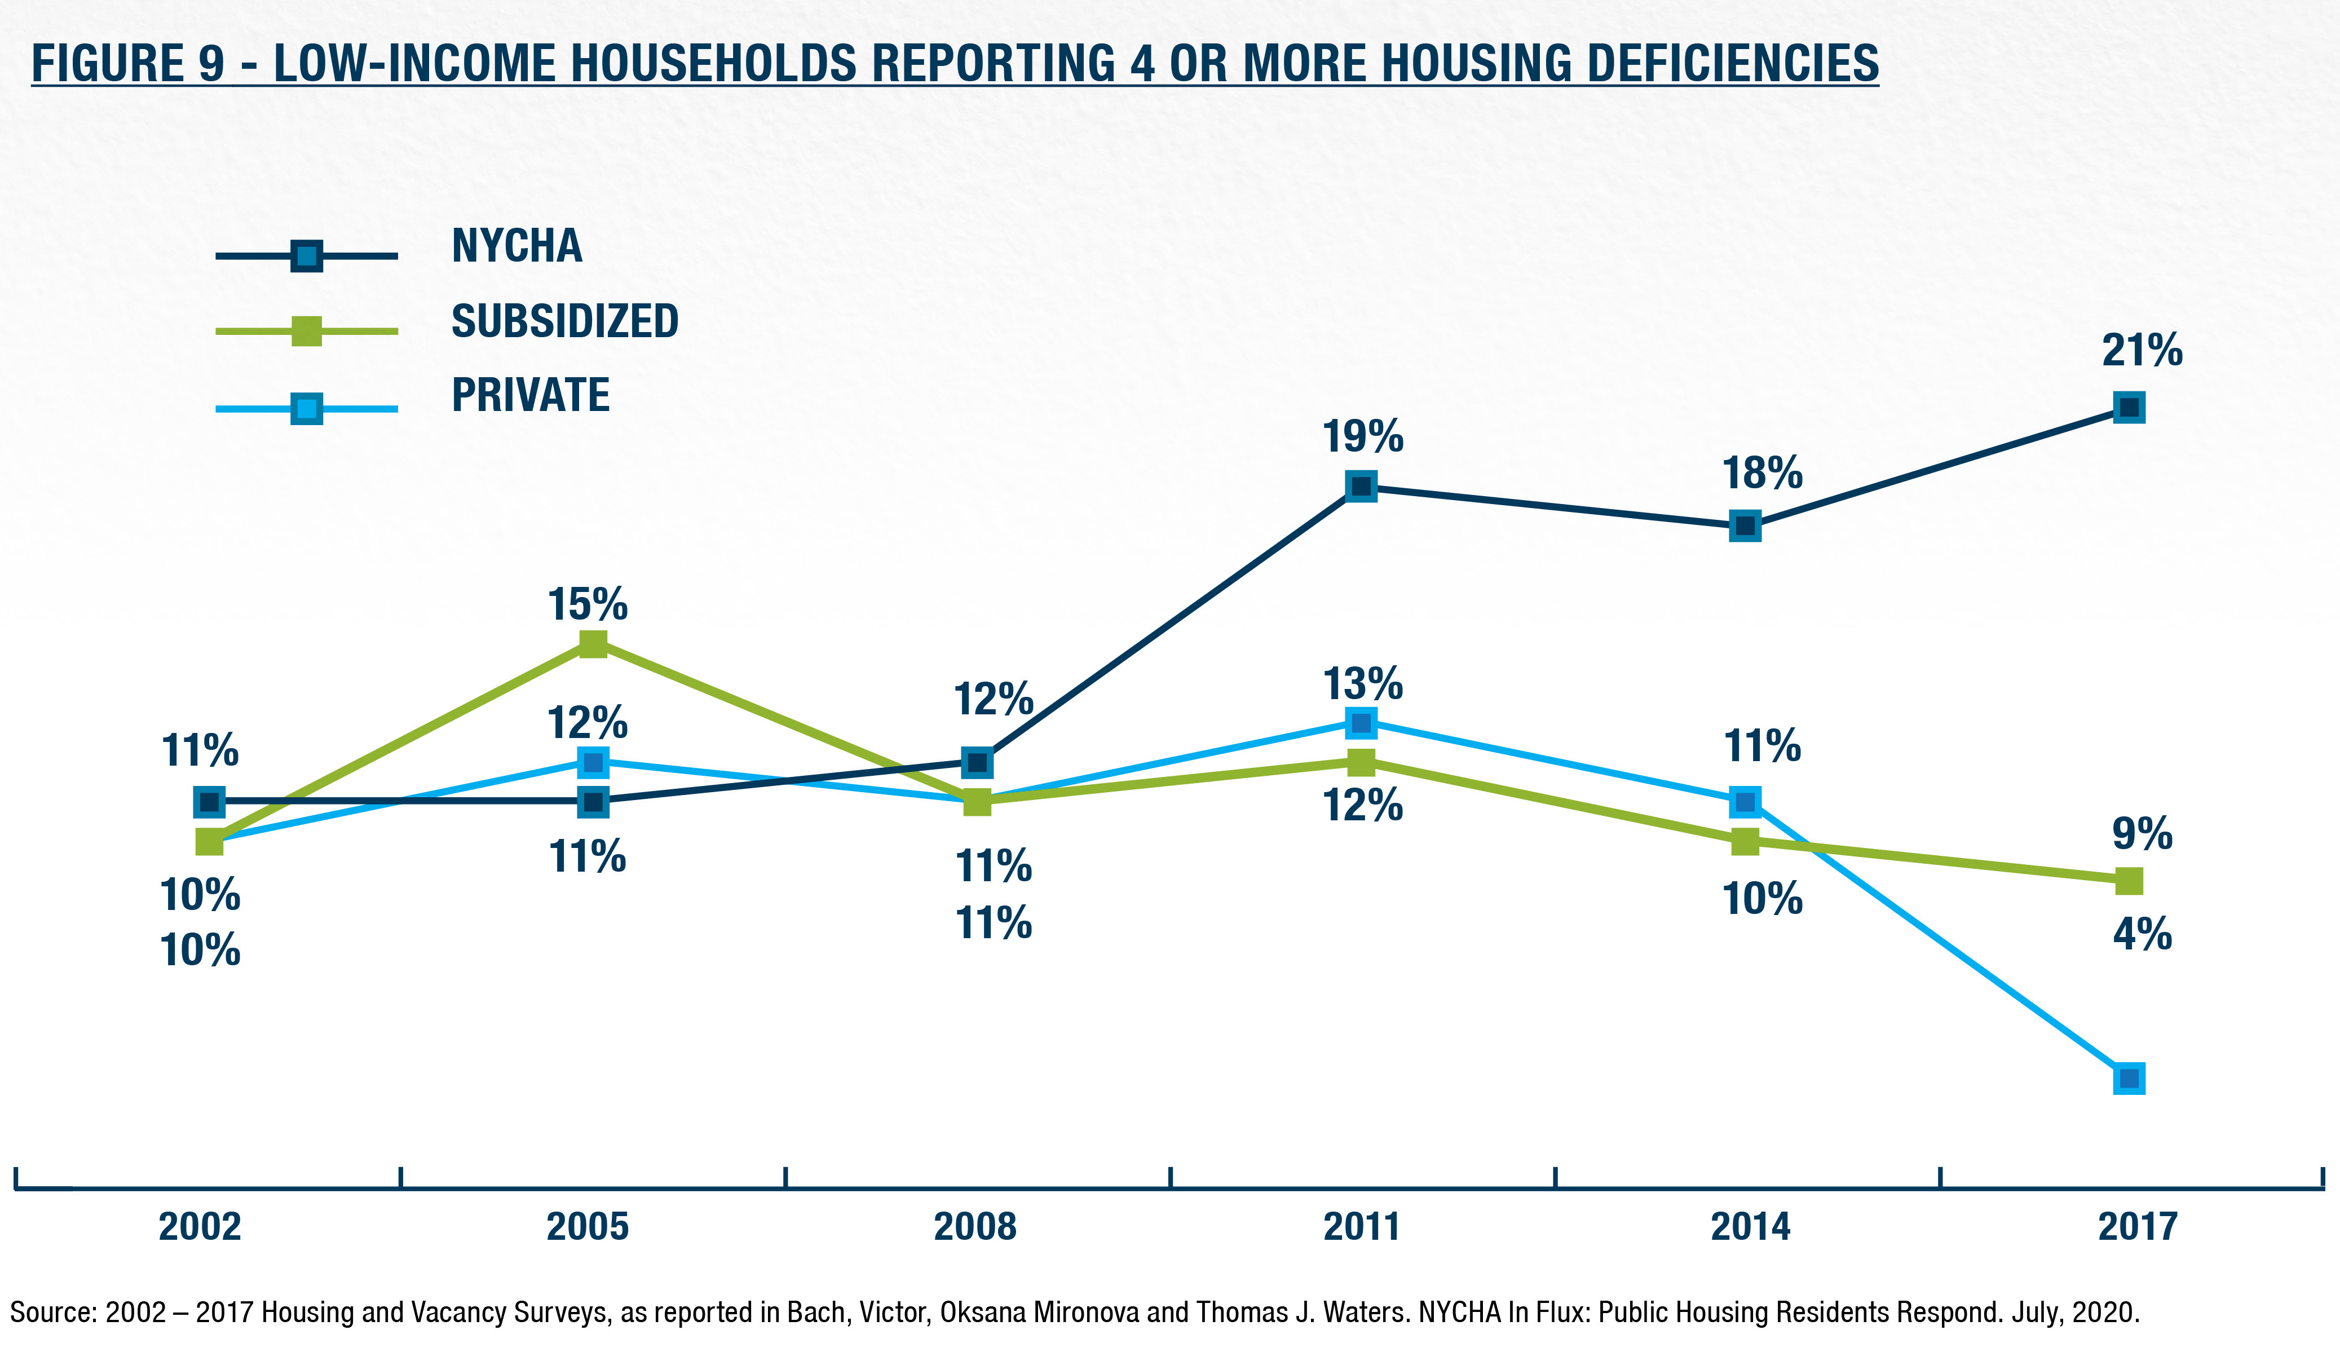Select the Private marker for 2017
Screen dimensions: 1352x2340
coord(2129,1078)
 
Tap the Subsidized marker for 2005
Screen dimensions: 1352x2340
coord(593,643)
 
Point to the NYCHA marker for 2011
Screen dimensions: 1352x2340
coord(1361,485)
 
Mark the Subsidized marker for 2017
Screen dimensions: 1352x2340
coord(2129,880)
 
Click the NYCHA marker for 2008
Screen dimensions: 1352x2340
coord(977,762)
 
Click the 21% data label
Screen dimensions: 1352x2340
coord(2142,352)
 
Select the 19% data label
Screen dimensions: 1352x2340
coord(1362,436)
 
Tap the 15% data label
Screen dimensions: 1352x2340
coord(587,606)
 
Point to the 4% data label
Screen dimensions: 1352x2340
coord(2142,934)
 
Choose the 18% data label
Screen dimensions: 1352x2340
coord(1761,474)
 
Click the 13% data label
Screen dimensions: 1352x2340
coord(1362,684)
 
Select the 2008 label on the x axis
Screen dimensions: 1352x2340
coord(975,1227)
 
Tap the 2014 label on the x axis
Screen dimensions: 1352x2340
coord(1750,1227)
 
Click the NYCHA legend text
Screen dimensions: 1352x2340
coord(517,246)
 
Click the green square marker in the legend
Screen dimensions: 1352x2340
coord(306,330)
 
